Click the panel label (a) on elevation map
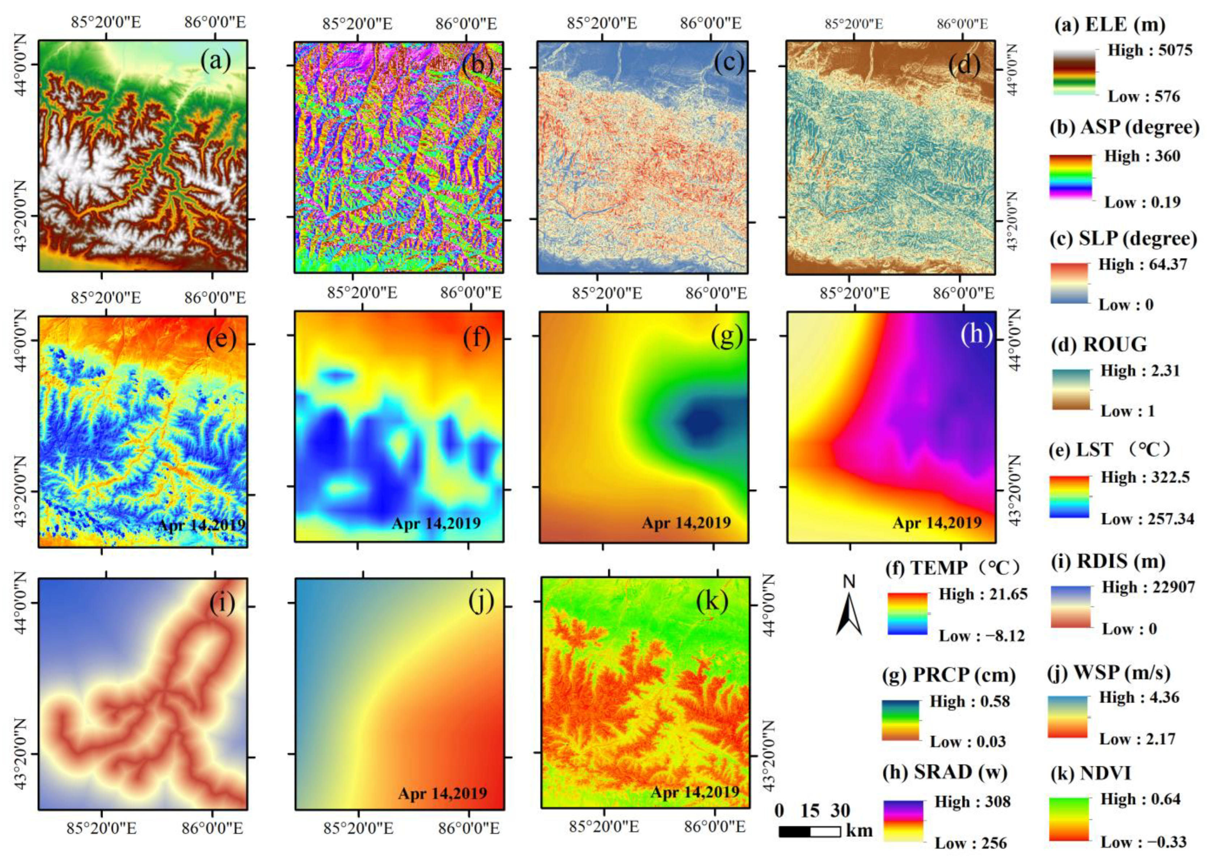click(x=216, y=61)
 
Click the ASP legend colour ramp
click(x=1071, y=178)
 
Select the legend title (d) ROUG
click(x=1099, y=344)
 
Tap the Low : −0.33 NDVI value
click(x=1143, y=842)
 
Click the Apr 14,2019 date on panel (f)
click(x=436, y=523)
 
